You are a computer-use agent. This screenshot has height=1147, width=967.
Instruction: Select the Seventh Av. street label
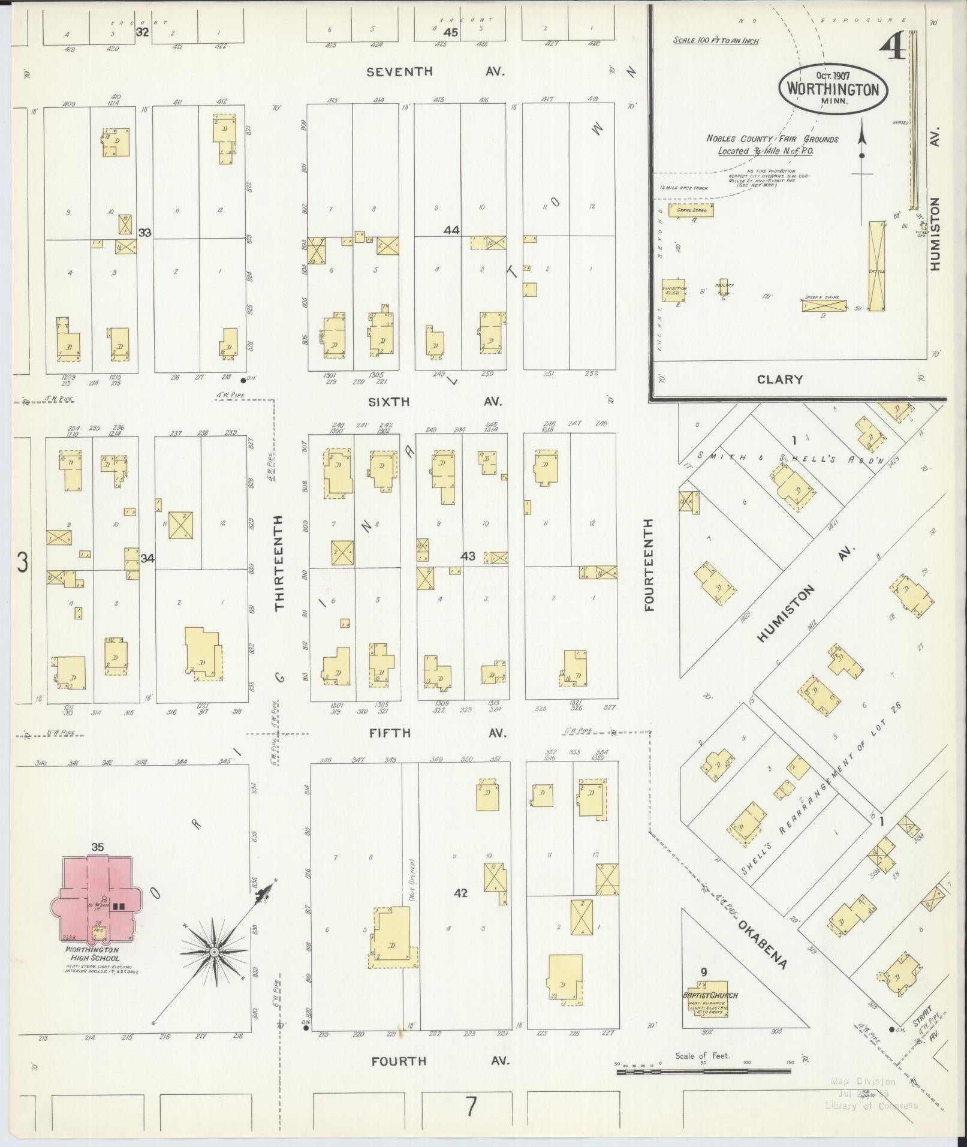tap(436, 71)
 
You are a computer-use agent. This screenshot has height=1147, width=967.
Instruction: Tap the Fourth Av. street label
tap(440, 1061)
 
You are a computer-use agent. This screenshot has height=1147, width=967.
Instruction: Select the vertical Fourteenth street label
tap(649, 565)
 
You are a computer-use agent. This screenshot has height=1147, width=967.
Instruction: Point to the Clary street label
tap(779, 379)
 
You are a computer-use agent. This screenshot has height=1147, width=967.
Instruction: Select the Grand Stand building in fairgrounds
tap(691, 210)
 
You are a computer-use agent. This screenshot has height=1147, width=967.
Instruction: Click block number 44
tap(451, 230)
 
